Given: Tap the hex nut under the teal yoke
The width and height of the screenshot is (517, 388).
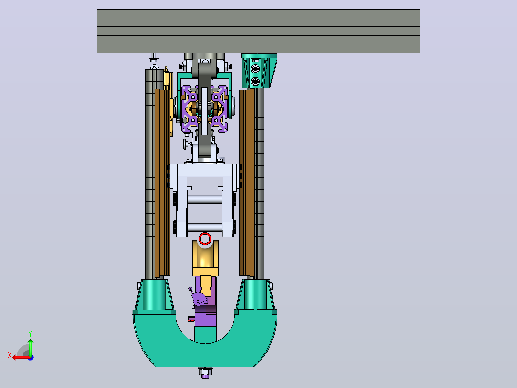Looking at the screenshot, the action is [205, 373].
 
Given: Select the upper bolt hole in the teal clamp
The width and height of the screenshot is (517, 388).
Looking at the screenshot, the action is [255, 69].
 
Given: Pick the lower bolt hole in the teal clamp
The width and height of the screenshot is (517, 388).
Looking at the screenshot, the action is [255, 81].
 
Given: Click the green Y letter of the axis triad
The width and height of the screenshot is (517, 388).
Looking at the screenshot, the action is [30, 334].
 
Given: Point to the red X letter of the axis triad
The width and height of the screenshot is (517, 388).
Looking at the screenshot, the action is [10, 355].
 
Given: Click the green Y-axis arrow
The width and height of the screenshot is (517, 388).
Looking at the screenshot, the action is [30, 348].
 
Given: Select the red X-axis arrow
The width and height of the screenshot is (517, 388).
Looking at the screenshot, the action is [22, 358].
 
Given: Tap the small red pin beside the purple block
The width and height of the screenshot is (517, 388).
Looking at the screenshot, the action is [191, 319].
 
